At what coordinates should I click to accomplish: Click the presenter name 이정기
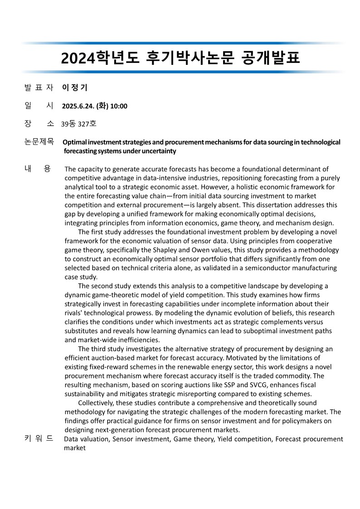pyautogui.click(x=74, y=87)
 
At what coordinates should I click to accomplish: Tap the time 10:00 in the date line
pyautogui.click(x=119, y=107)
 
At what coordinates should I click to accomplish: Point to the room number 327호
pyautogui.click(x=87, y=124)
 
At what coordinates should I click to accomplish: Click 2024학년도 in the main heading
pyautogui.click(x=100, y=58)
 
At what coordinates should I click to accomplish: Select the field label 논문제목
pyautogui.click(x=39, y=142)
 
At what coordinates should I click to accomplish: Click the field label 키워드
pyautogui.click(x=39, y=438)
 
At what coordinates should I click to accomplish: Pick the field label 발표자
pyautogui.click(x=39, y=87)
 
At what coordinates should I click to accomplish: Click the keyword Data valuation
pyautogui.click(x=86, y=439)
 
